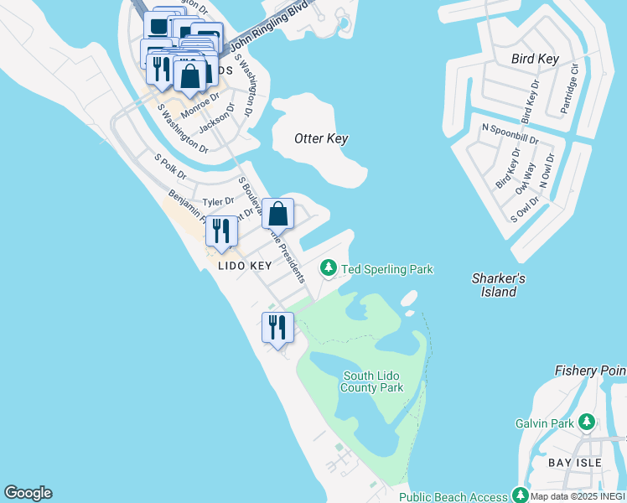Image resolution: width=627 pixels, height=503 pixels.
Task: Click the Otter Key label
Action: [321, 138]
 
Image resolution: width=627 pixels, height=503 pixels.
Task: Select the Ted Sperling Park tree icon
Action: [329, 269]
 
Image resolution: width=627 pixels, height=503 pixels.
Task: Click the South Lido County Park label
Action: [372, 381]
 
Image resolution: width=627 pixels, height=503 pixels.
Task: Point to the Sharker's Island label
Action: [498, 285]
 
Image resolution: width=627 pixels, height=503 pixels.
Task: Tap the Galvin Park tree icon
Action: [588, 423]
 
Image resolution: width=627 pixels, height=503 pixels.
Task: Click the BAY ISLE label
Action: [571, 463]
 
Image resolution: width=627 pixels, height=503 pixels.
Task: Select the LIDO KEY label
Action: [245, 266]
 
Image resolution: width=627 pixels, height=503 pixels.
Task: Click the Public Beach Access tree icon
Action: [521, 496]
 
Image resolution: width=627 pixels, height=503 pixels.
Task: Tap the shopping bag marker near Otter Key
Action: [278, 214]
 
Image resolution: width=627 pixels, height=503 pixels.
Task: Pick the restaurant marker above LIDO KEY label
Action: [221, 232]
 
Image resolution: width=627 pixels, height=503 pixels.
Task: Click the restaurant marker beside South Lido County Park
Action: [277, 327]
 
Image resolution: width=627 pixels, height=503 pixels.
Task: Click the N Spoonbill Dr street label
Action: [510, 128]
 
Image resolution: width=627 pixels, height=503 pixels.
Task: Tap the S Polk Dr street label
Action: [170, 165]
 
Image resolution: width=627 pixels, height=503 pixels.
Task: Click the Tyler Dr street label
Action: [218, 202]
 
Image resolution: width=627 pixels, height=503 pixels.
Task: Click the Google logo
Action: [28, 493]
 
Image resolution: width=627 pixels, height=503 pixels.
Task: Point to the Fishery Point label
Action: [590, 371]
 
